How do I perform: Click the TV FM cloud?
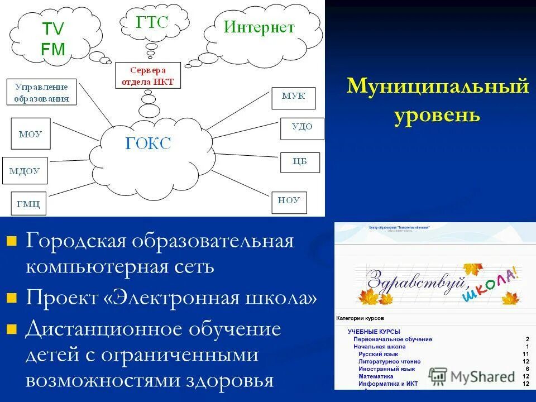pos(53,38)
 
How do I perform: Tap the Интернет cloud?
pos(259,28)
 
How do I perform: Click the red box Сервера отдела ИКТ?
pos(148,76)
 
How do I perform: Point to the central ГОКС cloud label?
pos(149,144)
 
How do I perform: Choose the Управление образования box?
pos(42,93)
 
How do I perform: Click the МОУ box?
pos(31,134)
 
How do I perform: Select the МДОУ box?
pos(25,171)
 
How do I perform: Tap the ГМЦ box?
pos(28,204)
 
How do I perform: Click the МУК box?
pos(293,97)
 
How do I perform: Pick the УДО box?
pos(301,127)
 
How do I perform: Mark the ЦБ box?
pos(300,162)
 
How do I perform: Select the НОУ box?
pos(289,201)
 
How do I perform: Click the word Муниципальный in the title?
pos(437,87)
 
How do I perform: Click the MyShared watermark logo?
pos(472,376)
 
